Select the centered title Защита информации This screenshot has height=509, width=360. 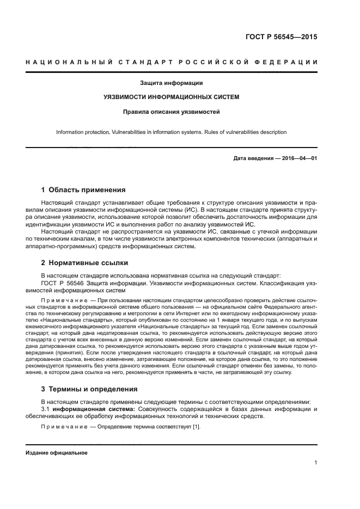click(172, 83)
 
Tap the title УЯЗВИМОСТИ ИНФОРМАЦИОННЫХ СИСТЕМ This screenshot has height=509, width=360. click(172, 98)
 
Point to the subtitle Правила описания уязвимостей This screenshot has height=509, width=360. click(172, 113)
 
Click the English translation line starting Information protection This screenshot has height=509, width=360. click(172, 132)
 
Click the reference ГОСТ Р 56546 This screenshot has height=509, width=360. click(62, 283)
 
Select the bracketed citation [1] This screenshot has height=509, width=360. click(197, 427)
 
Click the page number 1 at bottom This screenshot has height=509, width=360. click(316, 463)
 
